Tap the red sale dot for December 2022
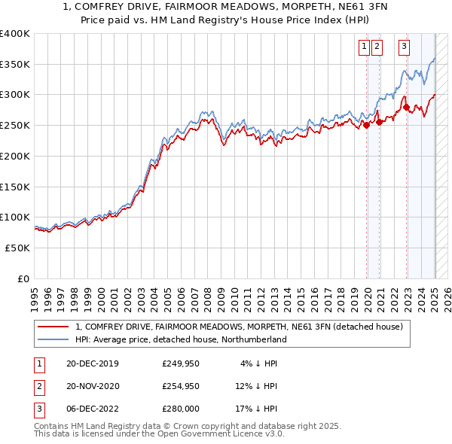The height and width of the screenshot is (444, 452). pos(407,108)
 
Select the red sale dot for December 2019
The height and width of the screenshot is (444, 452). pos(367,126)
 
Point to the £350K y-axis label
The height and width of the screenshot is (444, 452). pos(15,65)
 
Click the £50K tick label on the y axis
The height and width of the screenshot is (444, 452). pos(18,248)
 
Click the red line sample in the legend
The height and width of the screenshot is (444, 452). pos(52,327)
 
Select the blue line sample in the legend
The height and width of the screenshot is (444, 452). pos(52,339)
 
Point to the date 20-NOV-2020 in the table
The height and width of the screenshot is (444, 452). pos(93,386)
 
